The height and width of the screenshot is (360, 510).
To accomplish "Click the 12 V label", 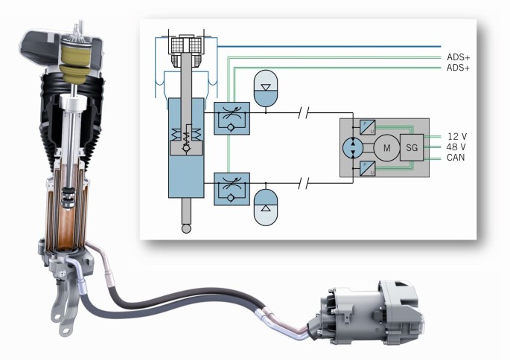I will (x=457, y=136).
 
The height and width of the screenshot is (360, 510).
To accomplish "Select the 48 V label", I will (x=457, y=147).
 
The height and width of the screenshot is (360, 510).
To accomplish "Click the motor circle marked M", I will (x=386, y=147).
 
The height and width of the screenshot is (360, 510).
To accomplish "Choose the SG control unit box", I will (x=412, y=147).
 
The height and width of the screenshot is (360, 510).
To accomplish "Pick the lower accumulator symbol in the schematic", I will (x=266, y=209).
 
